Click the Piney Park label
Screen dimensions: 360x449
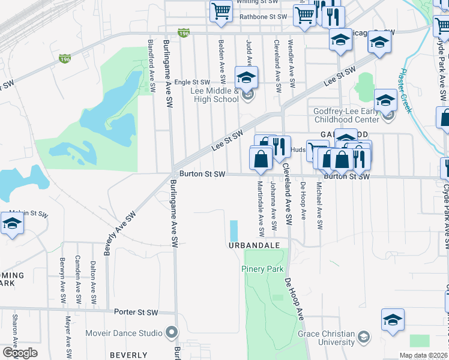coord(262,269)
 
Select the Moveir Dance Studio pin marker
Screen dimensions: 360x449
coord(172,332)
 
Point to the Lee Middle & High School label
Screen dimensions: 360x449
coord(214,95)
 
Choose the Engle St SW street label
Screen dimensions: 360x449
coord(192,82)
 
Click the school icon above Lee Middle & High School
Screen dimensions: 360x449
coord(246,78)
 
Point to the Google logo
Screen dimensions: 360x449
coord(20,353)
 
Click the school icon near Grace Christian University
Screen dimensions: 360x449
coord(393,320)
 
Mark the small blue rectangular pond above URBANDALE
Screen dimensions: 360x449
coord(234,230)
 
